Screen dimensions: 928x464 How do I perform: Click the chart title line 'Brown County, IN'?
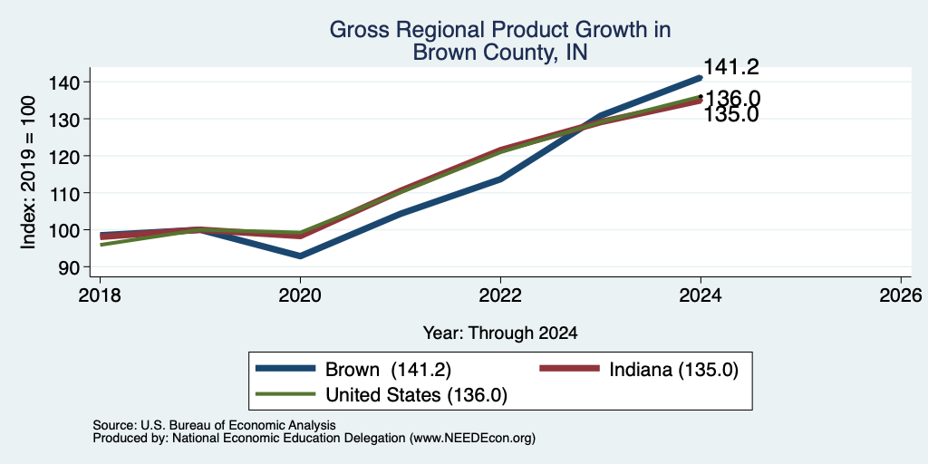pos(500,52)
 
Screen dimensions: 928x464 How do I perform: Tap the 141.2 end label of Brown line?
pos(731,67)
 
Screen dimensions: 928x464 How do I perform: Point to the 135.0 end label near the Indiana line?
pos(731,114)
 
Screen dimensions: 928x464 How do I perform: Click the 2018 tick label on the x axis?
pos(100,295)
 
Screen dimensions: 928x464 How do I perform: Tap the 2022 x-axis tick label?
pos(500,295)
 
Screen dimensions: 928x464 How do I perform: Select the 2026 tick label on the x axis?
pos(901,295)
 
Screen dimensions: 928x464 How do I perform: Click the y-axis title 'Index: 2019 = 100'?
pos(28,173)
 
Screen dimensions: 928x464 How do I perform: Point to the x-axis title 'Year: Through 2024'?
pos(500,333)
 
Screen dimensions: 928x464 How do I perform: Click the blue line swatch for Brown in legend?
pos(285,369)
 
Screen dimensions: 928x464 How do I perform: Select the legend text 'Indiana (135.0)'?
pos(674,370)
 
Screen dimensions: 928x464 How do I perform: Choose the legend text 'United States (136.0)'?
pos(416,395)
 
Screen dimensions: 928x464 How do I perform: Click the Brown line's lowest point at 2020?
pos(300,256)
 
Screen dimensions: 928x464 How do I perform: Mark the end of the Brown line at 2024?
pos(701,78)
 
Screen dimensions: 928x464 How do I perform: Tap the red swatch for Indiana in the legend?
pos(569,369)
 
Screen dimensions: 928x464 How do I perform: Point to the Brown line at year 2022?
pos(500,179)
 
